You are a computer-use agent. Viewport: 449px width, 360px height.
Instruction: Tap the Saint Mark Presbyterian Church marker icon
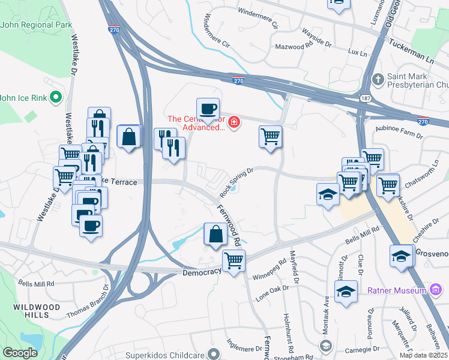[x=378, y=79]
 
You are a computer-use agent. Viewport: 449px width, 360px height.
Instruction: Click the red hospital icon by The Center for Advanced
[x=233, y=124]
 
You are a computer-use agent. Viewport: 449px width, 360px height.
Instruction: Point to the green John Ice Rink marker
[x=56, y=97]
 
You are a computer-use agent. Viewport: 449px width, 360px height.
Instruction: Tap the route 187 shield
[x=366, y=98]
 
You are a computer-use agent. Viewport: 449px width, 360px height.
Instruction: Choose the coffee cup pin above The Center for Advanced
[x=208, y=109]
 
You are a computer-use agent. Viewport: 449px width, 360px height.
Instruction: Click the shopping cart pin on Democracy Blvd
[x=233, y=261]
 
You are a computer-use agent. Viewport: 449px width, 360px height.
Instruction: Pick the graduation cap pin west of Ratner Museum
[x=346, y=292]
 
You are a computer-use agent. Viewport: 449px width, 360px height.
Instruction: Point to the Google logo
[x=20, y=352]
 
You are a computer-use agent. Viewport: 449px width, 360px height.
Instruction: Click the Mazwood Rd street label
[x=294, y=46]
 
